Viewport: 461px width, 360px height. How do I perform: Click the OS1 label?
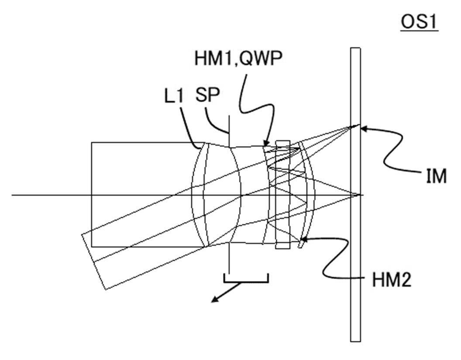click(x=419, y=22)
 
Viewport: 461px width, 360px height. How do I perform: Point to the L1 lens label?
click(x=173, y=96)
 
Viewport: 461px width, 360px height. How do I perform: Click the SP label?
click(x=207, y=95)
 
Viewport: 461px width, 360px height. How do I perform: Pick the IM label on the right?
click(x=436, y=176)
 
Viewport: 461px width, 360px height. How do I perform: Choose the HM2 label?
click(x=392, y=280)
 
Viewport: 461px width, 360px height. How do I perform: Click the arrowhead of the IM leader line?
click(x=363, y=128)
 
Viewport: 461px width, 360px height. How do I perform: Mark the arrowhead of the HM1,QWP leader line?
click(x=266, y=143)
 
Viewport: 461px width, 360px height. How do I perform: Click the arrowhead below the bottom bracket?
click(x=214, y=300)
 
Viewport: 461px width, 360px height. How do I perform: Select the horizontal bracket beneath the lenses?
click(x=246, y=281)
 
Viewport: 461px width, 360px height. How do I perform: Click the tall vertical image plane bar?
click(x=355, y=195)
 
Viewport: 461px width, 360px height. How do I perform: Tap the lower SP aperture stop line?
click(x=229, y=258)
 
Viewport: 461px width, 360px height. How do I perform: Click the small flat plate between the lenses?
click(x=282, y=195)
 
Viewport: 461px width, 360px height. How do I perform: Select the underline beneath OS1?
click(x=420, y=30)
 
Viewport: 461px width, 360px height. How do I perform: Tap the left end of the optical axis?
click(x=12, y=195)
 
